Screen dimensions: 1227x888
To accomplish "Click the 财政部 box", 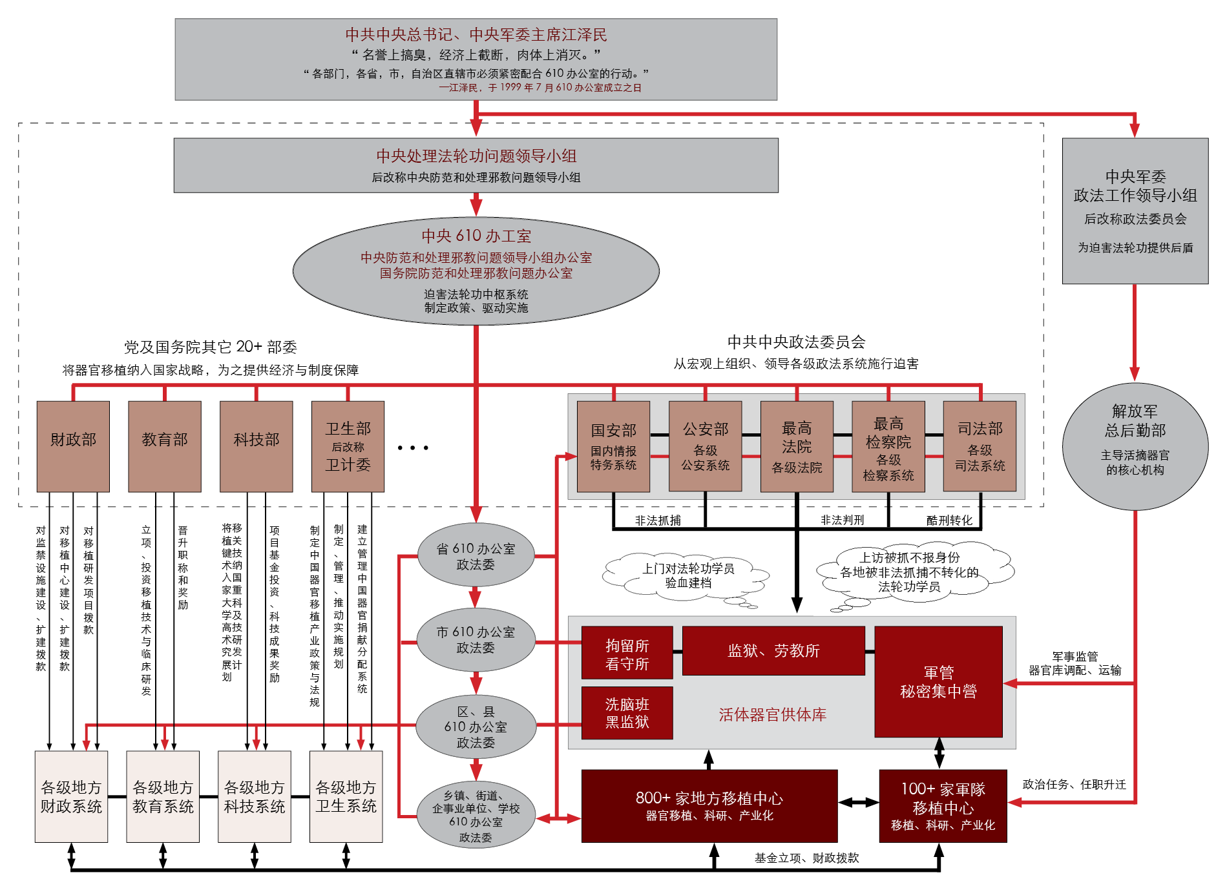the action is [x=73, y=446].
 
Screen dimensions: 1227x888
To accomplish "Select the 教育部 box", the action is [x=165, y=446].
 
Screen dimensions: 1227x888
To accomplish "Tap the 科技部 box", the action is [x=257, y=446].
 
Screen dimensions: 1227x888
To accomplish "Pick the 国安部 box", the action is [x=613, y=446].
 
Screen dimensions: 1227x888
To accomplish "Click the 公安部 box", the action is [x=705, y=446].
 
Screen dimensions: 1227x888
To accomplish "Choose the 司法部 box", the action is [x=980, y=446].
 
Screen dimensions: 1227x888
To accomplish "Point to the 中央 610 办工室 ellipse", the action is [x=476, y=271].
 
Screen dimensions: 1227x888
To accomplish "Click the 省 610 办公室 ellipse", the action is [x=476, y=555].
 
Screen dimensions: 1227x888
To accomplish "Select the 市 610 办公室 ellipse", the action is [x=476, y=639].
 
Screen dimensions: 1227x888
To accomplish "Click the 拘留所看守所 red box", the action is [x=627, y=652].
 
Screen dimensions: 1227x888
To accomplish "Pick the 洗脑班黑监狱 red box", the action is [x=627, y=712].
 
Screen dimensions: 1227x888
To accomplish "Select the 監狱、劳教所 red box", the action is [x=773, y=650].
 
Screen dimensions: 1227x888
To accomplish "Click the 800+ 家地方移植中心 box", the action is [x=709, y=806].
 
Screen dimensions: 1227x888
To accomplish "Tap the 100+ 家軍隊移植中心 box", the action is [x=943, y=806].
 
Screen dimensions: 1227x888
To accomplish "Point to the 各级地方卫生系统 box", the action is [x=346, y=796].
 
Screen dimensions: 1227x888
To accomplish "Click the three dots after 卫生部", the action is [x=413, y=448].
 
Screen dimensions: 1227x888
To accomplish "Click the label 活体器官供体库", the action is [x=772, y=714].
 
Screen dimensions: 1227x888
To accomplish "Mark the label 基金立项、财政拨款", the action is [x=806, y=858].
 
